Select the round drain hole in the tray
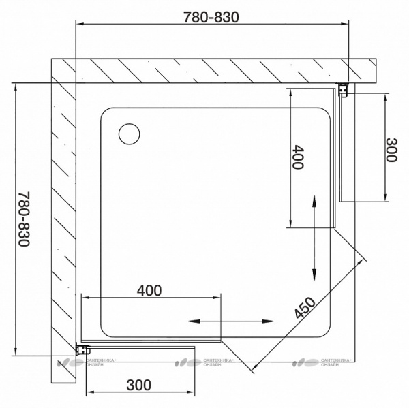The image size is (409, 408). (128, 132)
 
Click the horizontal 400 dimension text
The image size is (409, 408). (149, 291)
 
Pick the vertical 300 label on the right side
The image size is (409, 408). (390, 150)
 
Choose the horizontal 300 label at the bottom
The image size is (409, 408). (138, 385)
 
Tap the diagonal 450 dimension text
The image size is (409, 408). (305, 309)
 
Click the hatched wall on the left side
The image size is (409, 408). (63, 218)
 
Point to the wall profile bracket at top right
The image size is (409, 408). (344, 89)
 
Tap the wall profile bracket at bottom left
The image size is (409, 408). (85, 349)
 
